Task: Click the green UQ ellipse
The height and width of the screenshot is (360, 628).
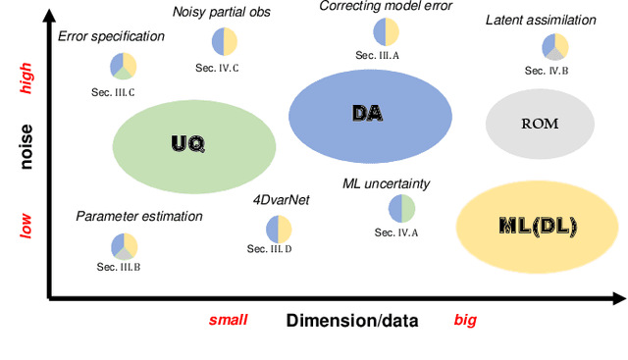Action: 193,144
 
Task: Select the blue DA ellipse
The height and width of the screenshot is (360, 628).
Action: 369,115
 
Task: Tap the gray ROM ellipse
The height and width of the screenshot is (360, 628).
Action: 541,124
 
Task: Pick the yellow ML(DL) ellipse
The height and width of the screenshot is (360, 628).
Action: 539,227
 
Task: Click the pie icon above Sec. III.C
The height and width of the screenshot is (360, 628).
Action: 124,67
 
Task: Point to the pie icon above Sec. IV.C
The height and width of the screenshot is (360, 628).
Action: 225,41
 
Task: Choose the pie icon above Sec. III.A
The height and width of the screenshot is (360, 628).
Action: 386,31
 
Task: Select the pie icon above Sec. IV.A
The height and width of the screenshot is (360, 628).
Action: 402,208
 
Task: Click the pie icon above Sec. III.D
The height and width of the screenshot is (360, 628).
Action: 279,229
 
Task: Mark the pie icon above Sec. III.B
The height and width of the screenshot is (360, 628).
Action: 124,246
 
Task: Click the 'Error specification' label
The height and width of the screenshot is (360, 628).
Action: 111,37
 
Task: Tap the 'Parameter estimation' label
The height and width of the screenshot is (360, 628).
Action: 139,216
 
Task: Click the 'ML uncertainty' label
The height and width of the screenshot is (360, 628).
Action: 387,183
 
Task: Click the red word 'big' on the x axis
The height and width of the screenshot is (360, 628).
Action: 465,320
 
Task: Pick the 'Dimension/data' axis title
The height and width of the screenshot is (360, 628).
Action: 352,320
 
